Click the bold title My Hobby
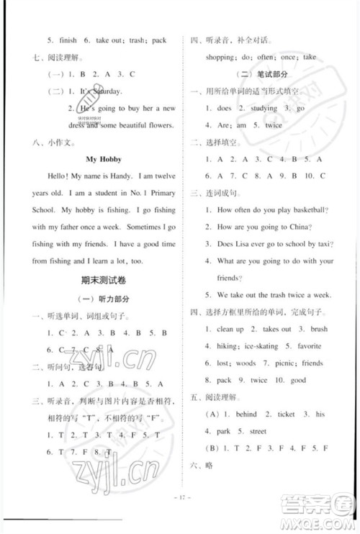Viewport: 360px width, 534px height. pyautogui.click(x=104, y=159)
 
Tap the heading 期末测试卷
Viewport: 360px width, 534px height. pyautogui.click(x=103, y=279)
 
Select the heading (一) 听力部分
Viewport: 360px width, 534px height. pyautogui.click(x=102, y=297)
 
